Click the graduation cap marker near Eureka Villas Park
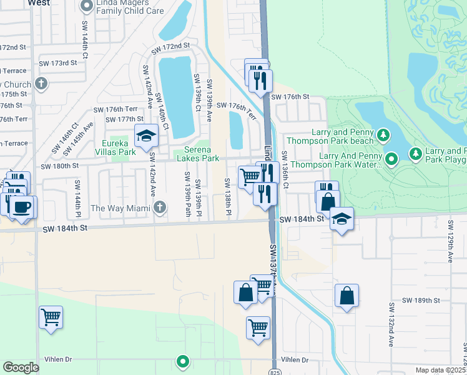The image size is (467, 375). click(145, 135)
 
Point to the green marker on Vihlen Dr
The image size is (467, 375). click(183, 361)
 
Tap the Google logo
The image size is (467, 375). click(21, 367)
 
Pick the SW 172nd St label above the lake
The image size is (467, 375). click(169, 46)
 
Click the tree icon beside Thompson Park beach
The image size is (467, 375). click(384, 134)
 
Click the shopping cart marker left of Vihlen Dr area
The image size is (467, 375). click(51, 316)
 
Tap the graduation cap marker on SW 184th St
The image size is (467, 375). click(342, 218)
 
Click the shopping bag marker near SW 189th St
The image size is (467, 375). click(347, 296)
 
